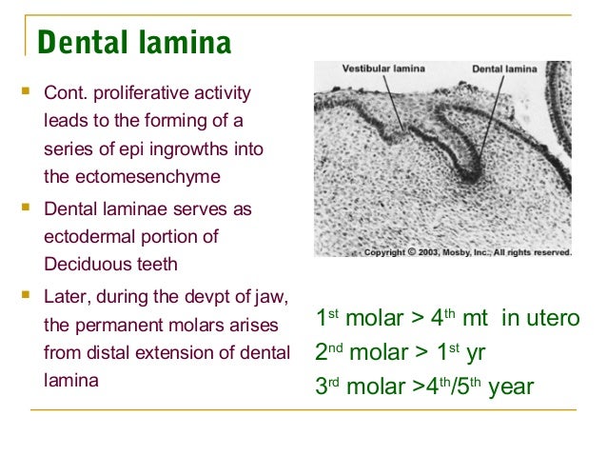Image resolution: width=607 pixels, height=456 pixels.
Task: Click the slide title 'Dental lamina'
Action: click(x=133, y=43)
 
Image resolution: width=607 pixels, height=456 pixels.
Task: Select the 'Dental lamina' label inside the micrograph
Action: click(x=505, y=69)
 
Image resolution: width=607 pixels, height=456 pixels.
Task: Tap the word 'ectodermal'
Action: click(x=85, y=235)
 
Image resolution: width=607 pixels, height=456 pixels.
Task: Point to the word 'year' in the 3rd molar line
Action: click(x=510, y=388)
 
